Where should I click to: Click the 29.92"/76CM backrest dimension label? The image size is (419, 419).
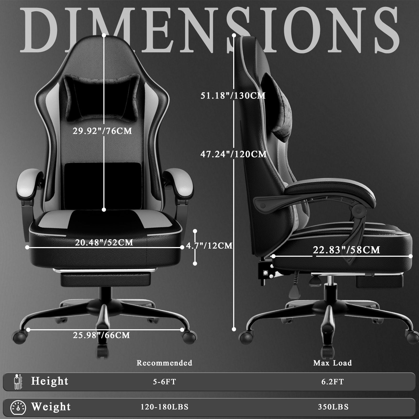click(x=102, y=131)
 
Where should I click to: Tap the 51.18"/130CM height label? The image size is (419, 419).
click(x=233, y=96)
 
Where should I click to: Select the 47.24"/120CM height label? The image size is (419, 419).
click(x=233, y=154)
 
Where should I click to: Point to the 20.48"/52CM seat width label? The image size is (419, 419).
click(x=104, y=242)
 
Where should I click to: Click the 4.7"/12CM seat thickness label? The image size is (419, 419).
click(x=209, y=245)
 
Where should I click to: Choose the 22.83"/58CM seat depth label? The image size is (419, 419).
click(x=347, y=250)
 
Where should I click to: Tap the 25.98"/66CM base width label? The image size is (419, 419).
click(x=101, y=335)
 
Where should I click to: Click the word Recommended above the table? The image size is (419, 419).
click(x=164, y=363)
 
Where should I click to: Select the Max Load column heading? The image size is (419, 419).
click(x=333, y=363)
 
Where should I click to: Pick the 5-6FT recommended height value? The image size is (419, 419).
click(x=164, y=382)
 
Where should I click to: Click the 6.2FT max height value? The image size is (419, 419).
click(x=333, y=382)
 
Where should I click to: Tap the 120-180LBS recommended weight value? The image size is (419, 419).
click(x=164, y=407)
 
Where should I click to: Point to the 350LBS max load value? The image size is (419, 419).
click(x=333, y=407)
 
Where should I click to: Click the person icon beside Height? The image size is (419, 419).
click(x=18, y=382)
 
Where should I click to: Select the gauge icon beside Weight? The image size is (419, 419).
click(x=18, y=407)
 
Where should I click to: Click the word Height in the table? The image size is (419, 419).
click(x=50, y=381)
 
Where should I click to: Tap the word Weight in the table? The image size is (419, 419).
click(x=51, y=407)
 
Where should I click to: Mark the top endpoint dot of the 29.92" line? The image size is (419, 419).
click(x=104, y=35)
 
